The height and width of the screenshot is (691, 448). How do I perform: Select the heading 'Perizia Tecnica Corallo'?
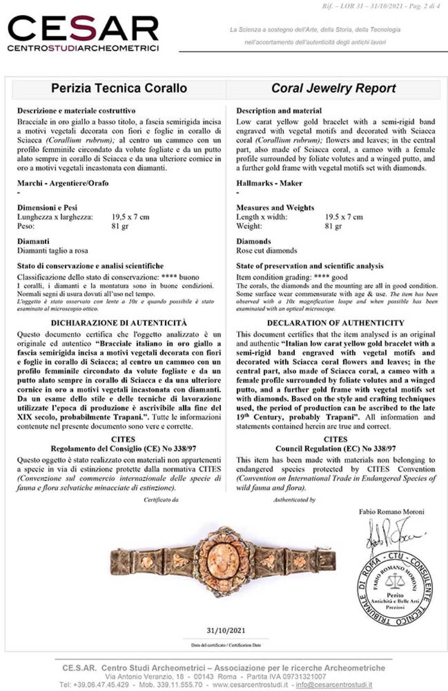click(119, 88)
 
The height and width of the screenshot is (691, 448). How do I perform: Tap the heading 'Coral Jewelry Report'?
click(334, 88)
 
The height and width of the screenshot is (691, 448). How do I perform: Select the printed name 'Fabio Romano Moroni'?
click(391, 512)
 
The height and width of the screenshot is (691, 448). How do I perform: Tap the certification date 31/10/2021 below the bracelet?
click(226, 630)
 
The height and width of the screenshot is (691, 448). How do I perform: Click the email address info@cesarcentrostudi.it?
click(334, 684)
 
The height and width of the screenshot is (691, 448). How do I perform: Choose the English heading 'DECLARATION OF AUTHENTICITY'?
click(336, 323)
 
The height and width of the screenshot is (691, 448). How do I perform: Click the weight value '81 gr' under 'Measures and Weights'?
click(333, 226)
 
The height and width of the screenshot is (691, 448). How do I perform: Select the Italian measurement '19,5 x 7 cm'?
click(130, 217)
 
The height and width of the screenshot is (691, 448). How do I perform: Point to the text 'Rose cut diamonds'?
click(267, 251)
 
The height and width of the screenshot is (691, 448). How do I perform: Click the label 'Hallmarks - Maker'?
click(269, 183)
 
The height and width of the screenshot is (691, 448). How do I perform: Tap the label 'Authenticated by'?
click(294, 499)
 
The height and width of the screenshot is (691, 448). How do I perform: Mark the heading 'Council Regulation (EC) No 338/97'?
click(336, 449)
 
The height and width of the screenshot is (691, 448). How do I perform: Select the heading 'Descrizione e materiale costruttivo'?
click(76, 110)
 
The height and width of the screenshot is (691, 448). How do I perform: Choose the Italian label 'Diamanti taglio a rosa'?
click(53, 251)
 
